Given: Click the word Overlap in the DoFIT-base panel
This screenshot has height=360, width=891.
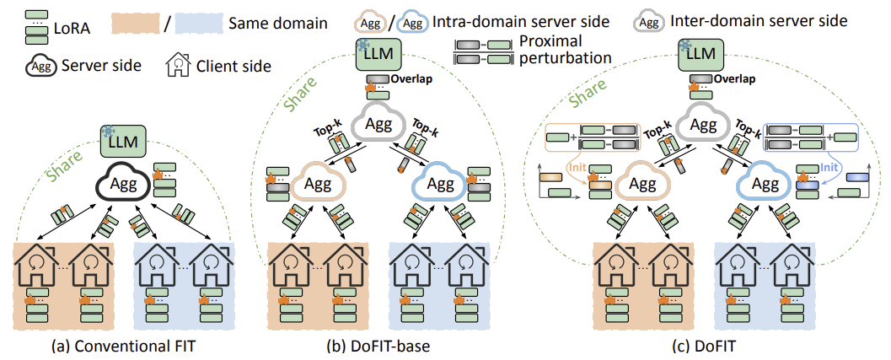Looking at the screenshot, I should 411,80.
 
